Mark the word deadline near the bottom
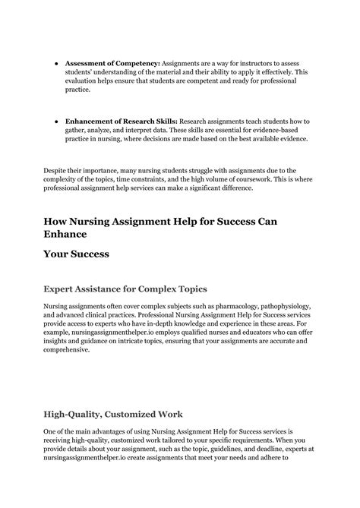[245, 448]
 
